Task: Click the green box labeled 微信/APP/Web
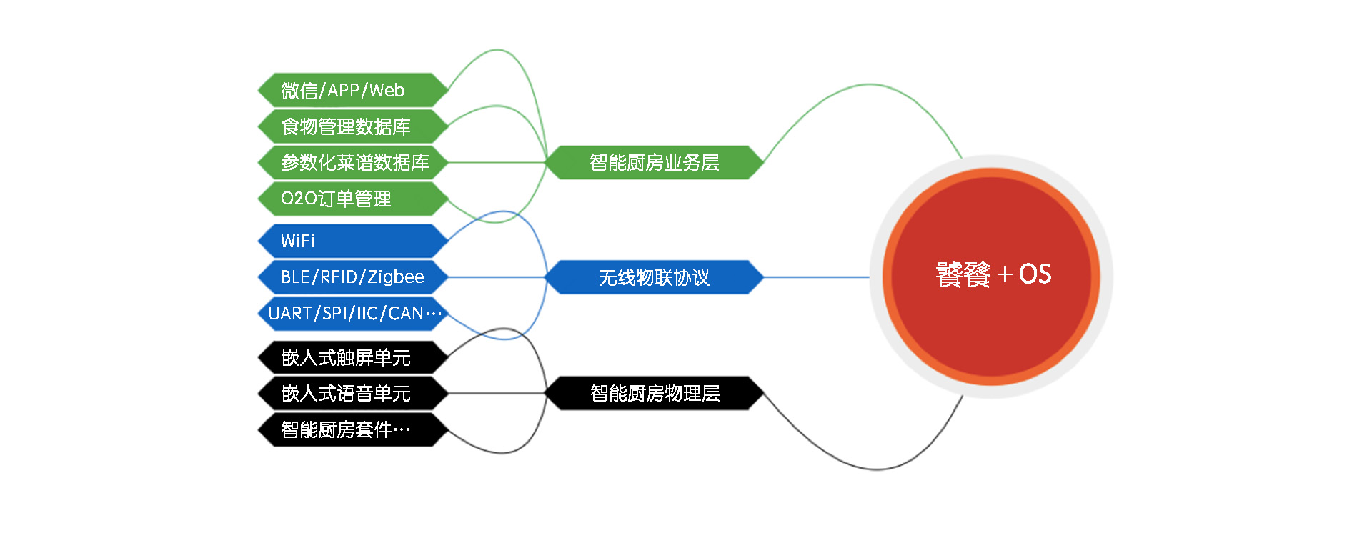[x=353, y=90]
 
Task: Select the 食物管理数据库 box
[x=353, y=126]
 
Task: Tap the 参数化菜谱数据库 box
[x=353, y=162]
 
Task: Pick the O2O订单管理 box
[x=353, y=199]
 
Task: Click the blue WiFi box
[x=353, y=241]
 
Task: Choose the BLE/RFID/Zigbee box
[x=353, y=277]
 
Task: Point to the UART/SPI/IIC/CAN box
[x=353, y=313]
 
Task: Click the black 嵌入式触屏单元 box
[x=353, y=357]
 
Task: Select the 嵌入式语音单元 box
[x=353, y=393]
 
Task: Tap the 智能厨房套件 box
[x=353, y=429]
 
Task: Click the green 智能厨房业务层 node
[x=654, y=162]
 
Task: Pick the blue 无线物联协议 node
[x=654, y=277]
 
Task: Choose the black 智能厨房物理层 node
[x=654, y=393]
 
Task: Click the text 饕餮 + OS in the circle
[x=993, y=274]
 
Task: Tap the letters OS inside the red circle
[x=1035, y=274]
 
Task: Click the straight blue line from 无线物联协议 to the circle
[x=817, y=277]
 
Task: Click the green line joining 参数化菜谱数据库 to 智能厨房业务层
[x=497, y=162]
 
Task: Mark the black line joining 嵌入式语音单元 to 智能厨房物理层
[x=497, y=393]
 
